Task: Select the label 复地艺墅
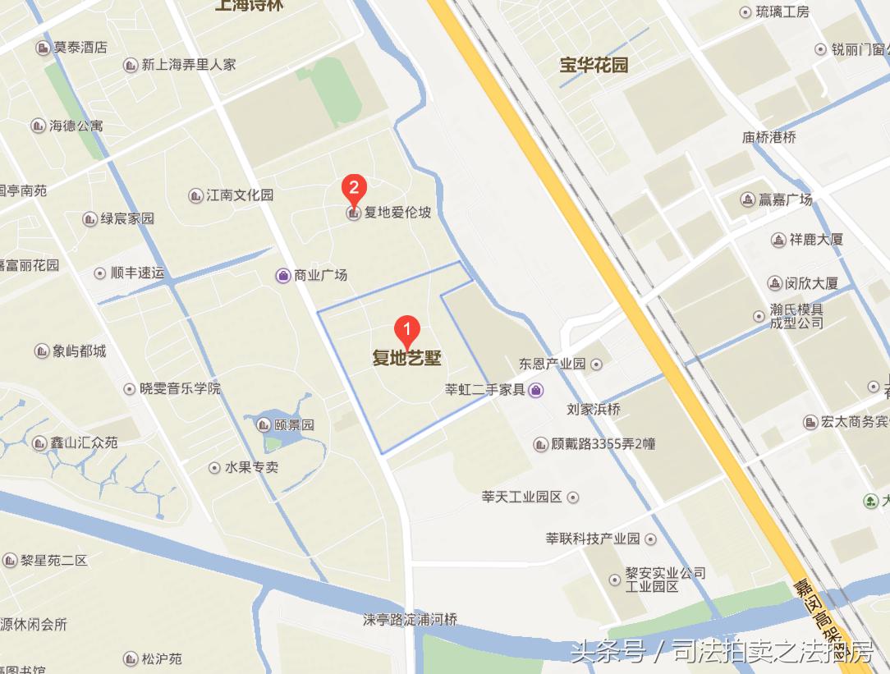pos(407,359)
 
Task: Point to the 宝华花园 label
pos(594,65)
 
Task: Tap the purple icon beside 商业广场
pos(282,276)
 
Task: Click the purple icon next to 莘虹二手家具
pos(535,390)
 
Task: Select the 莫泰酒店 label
pos(80,48)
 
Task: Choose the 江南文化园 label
pos(240,195)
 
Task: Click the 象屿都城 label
pos(79,351)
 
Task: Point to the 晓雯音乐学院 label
pos(180,388)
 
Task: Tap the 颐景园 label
pos(294,425)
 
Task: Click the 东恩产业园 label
pos(552,364)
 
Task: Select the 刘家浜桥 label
pos(594,410)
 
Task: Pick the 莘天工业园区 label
pos(521,497)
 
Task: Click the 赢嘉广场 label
pos(784,199)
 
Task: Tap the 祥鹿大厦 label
pos(816,240)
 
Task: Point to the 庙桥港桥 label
pos(769,138)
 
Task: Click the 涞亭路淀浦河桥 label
pos(410,619)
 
